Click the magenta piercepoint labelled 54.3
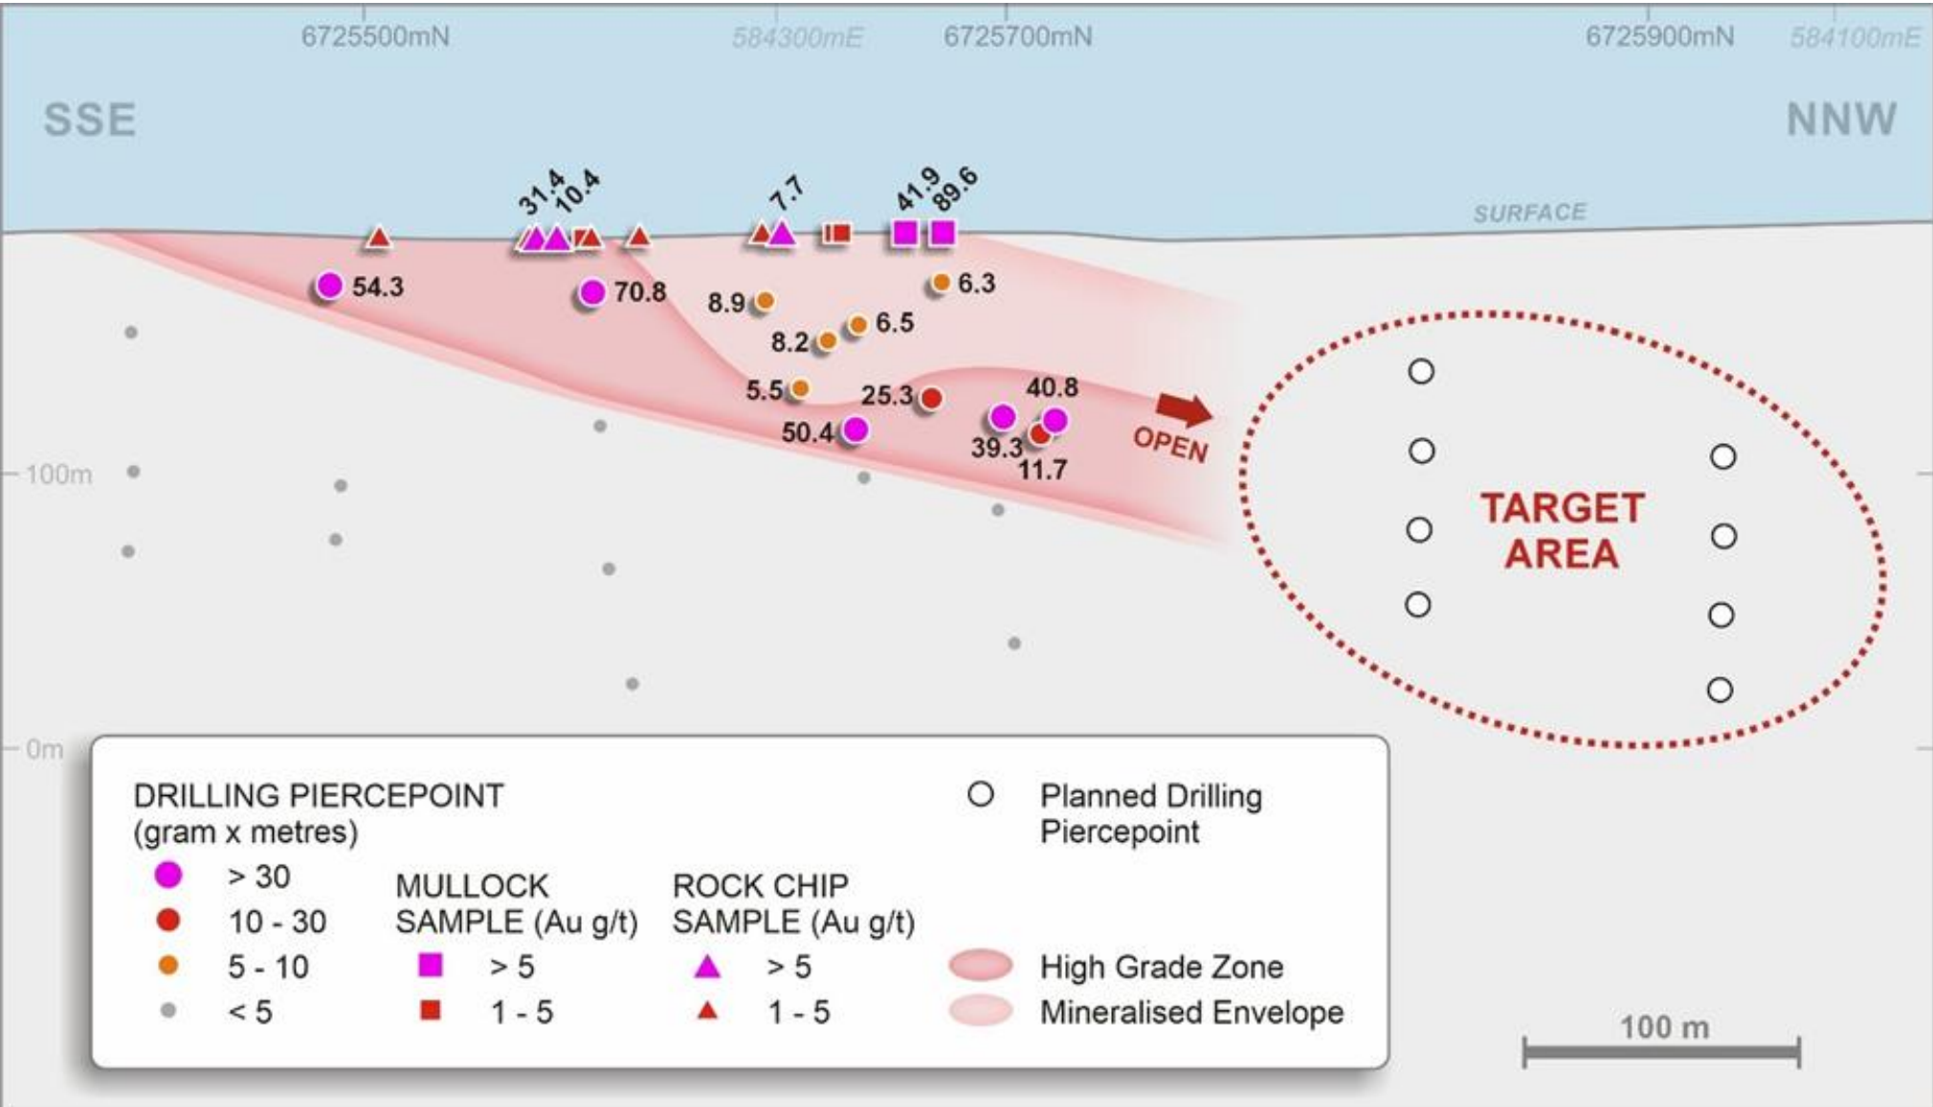click(x=329, y=285)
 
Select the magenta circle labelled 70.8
click(x=592, y=292)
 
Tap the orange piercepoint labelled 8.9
click(x=765, y=301)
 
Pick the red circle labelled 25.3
click(x=930, y=397)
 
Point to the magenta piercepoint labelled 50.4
click(x=855, y=430)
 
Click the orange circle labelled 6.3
click(x=941, y=282)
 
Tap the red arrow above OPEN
click(x=1185, y=409)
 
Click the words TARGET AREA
click(x=1562, y=530)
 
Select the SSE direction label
click(x=89, y=120)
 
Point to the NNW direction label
click(x=1841, y=120)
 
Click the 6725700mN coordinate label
click(x=1017, y=36)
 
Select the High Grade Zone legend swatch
click(x=981, y=966)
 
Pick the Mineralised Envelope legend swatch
click(x=981, y=1011)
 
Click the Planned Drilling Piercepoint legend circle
click(x=980, y=794)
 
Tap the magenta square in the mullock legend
click(x=431, y=964)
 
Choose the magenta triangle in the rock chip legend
click(x=707, y=966)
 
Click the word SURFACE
click(x=1529, y=212)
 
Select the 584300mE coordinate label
click(x=797, y=37)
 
